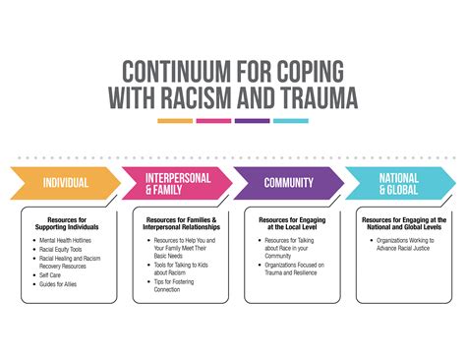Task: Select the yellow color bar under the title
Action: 175,121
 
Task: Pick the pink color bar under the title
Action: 213,121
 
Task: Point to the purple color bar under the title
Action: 253,121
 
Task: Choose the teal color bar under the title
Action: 291,121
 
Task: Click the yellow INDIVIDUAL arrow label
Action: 66,182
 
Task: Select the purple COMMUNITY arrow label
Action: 288,182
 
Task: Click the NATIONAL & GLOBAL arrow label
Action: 399,182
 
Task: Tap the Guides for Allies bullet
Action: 60,284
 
